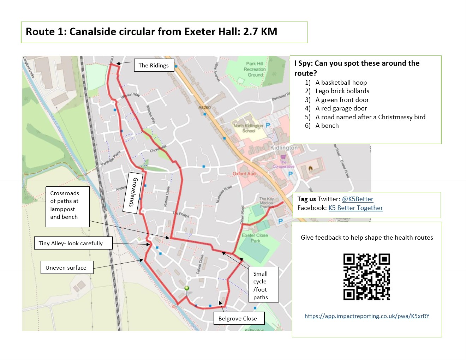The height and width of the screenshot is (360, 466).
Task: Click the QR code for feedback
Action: pos(366,277)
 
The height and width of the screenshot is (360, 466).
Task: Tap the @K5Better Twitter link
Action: pos(357,199)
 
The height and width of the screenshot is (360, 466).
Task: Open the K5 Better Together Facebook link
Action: pos(356,208)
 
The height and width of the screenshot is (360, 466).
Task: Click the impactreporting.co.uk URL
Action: pos(367,316)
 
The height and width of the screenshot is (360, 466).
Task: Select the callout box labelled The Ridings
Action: pos(154,65)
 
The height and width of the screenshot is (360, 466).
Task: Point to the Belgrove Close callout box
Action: pos(238,318)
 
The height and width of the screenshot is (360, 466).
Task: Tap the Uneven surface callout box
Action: pos(66,268)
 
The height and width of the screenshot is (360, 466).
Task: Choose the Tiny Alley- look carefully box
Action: pos(71,243)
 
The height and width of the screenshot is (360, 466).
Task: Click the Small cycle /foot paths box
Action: pos(261,285)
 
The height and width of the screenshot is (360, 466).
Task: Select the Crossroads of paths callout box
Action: pos(65,205)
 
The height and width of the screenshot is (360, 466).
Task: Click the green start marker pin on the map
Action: pos(187,289)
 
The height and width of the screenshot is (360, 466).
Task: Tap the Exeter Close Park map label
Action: pos(255,238)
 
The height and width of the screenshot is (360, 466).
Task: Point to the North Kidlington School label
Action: pos(248,128)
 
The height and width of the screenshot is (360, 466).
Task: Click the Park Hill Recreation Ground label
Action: pos(255,69)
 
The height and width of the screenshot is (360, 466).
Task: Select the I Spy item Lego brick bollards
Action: pos(342,91)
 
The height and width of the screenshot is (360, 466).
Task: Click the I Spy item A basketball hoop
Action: pos(341,83)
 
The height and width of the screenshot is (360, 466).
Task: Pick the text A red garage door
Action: pos(341,108)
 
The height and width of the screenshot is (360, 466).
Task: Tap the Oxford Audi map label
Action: pos(245,174)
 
